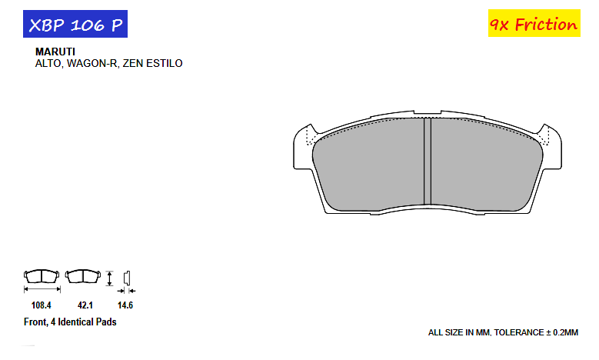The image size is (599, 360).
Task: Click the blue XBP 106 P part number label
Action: pos(75,24)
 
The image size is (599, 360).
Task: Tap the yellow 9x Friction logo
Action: pos(534,23)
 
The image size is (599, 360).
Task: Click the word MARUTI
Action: pos(55,52)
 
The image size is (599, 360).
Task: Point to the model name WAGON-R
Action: pos(92,63)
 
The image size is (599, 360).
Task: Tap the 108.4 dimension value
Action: pos(42,305)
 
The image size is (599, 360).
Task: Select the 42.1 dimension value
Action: pos(85,305)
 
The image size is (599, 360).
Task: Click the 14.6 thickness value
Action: pos(125,305)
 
